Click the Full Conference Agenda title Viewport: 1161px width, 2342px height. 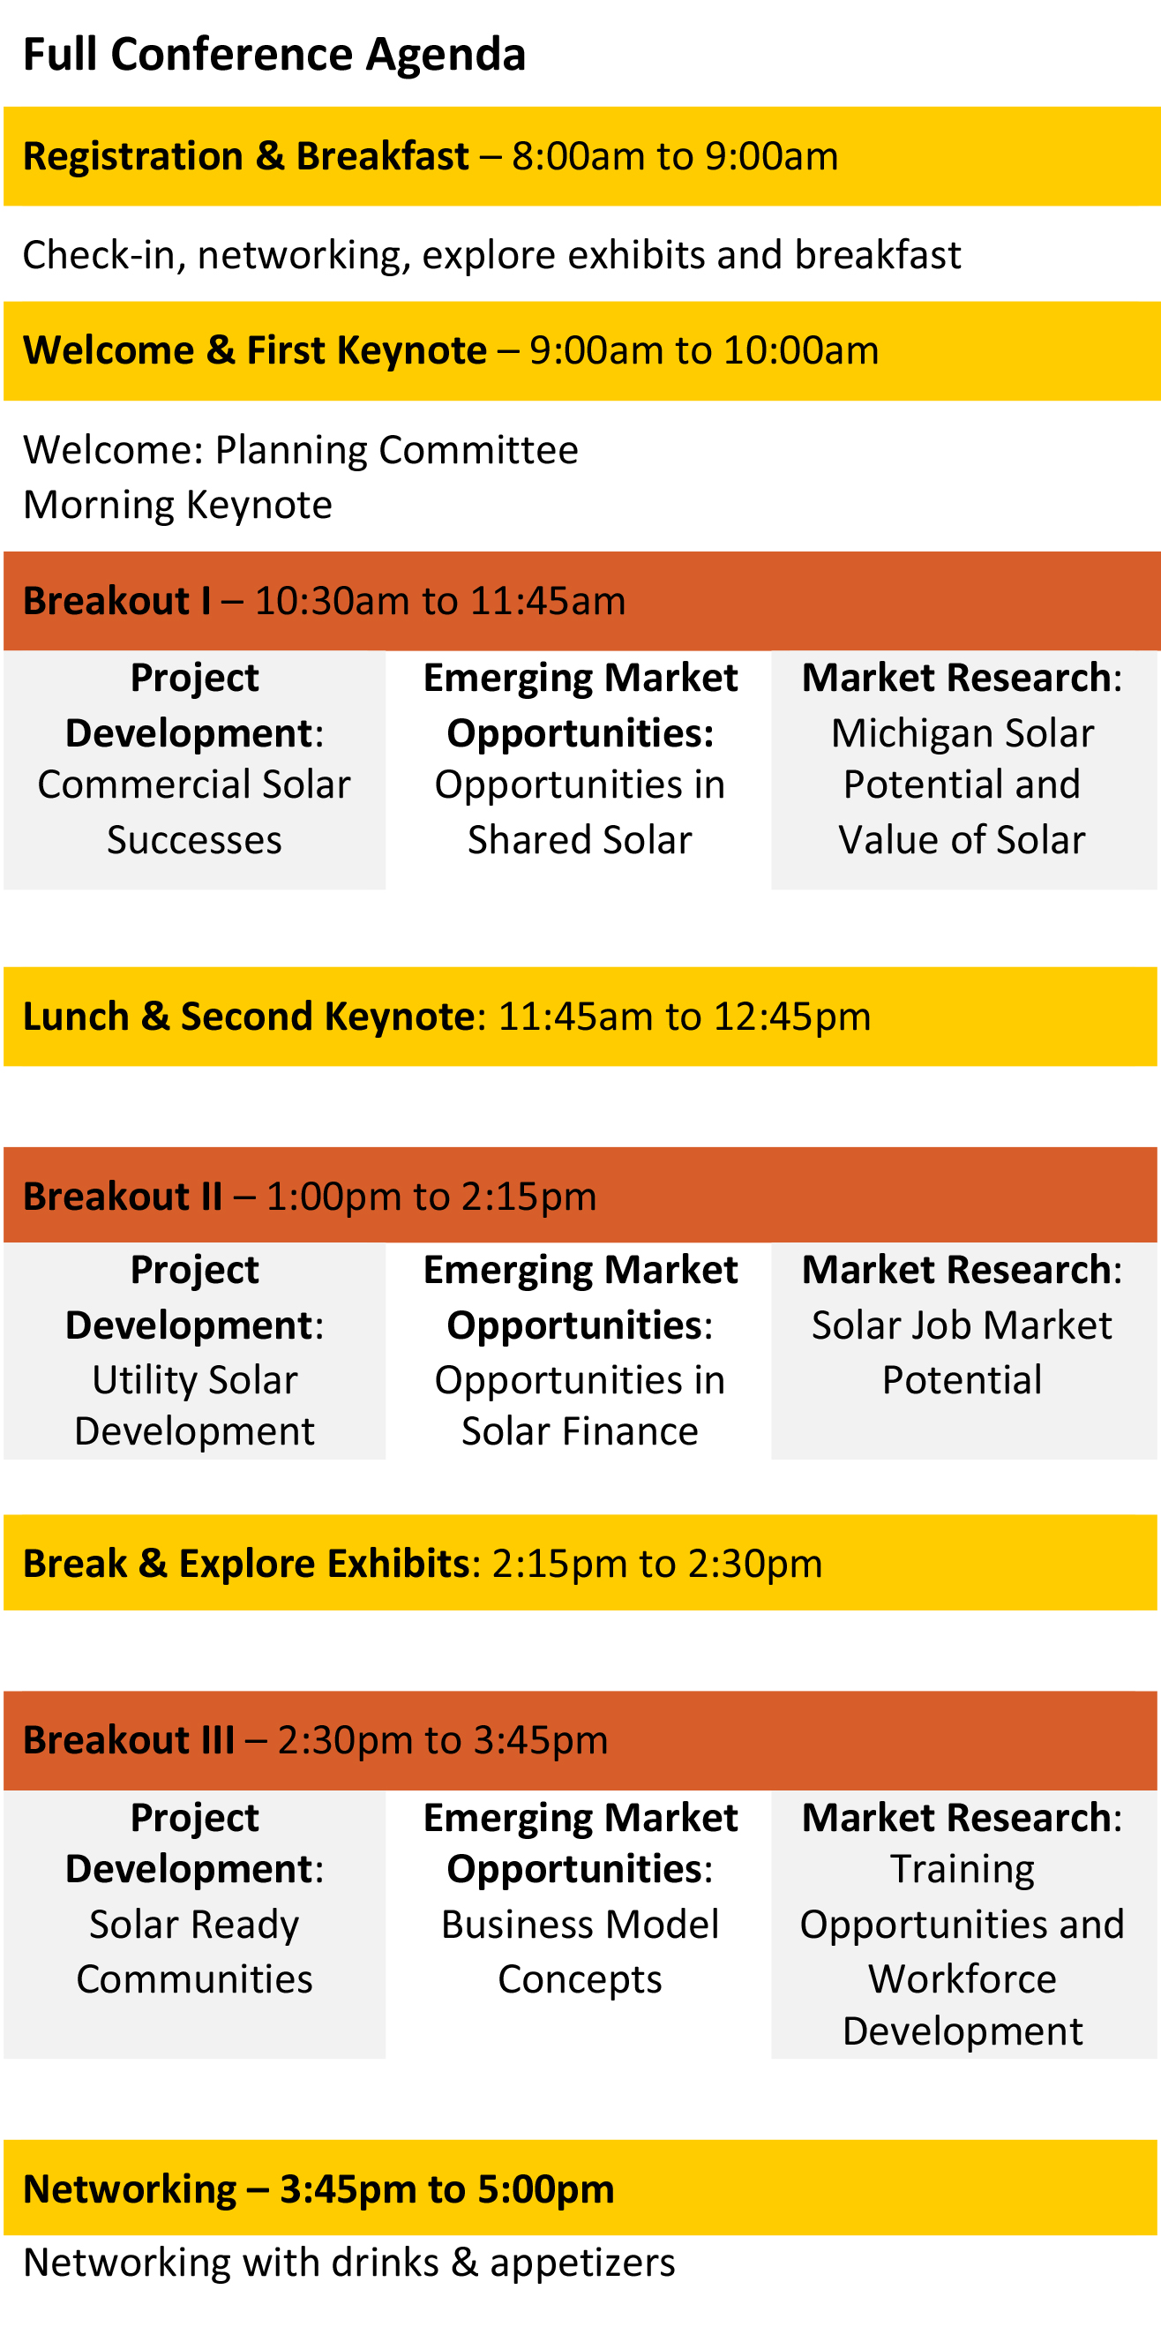pyautogui.click(x=273, y=55)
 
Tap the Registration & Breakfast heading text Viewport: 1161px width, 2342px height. pyautogui.click(x=245, y=156)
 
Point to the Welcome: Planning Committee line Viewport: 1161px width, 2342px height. pyautogui.click(x=300, y=450)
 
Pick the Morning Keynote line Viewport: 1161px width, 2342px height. pyautogui.click(x=177, y=506)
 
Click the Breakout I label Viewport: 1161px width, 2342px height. pyautogui.click(x=117, y=601)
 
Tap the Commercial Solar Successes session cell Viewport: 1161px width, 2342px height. pyautogui.click(x=195, y=770)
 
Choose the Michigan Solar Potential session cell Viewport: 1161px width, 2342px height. pyautogui.click(x=963, y=770)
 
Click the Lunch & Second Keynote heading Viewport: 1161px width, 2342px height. pyautogui.click(x=248, y=1017)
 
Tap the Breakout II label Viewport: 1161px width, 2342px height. pyautogui.click(x=123, y=1197)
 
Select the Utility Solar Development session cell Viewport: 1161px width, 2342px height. pyautogui.click(x=195, y=1351)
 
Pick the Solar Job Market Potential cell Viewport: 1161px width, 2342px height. pyautogui.click(x=963, y=1351)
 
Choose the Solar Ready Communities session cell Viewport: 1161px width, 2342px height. pyautogui.click(x=195, y=1925)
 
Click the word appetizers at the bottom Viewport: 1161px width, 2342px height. pyautogui.click(x=583, y=2263)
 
